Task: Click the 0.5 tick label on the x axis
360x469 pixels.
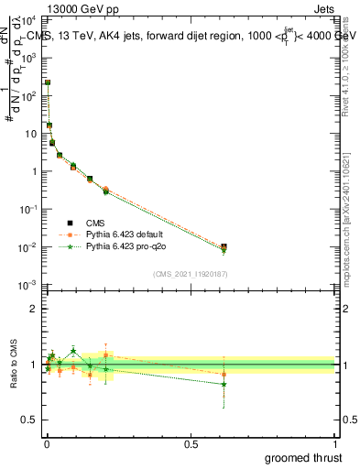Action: (191, 442)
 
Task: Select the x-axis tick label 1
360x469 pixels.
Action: (335, 442)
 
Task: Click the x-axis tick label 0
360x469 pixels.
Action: (47, 442)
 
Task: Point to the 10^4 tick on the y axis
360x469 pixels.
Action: (27, 18)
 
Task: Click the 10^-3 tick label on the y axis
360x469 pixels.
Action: (27, 286)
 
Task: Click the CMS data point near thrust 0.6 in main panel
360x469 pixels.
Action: (224, 246)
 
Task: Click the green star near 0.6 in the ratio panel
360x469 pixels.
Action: (224, 384)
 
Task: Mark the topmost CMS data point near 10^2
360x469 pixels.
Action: (48, 82)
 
